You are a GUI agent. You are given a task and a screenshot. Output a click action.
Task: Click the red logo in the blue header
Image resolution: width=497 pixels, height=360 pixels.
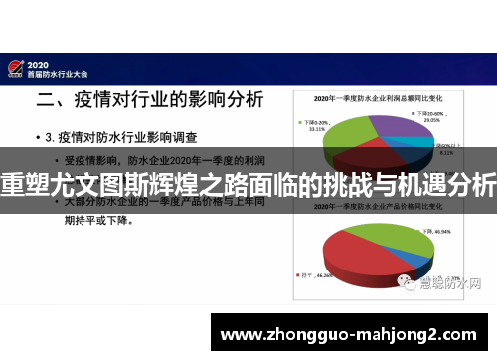[15, 68]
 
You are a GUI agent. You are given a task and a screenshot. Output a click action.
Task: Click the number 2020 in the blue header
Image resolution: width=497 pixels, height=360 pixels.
[46, 61]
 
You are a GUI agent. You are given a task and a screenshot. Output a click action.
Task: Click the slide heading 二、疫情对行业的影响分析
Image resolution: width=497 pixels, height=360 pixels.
[149, 99]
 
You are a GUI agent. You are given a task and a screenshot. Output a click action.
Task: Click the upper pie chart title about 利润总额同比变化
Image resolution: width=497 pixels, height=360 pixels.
[379, 98]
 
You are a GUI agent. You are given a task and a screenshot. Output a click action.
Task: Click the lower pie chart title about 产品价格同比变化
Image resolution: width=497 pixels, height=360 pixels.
[379, 212]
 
